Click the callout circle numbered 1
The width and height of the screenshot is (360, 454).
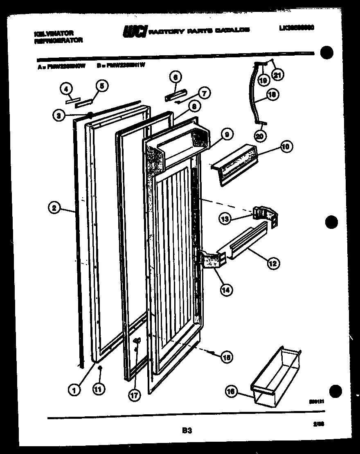[x=74, y=391]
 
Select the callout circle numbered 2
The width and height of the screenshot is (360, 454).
[x=54, y=208]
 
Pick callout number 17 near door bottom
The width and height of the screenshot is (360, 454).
[x=134, y=395]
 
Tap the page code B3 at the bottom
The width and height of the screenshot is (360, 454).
[x=187, y=430]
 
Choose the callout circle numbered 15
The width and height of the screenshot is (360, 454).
[x=226, y=357]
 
